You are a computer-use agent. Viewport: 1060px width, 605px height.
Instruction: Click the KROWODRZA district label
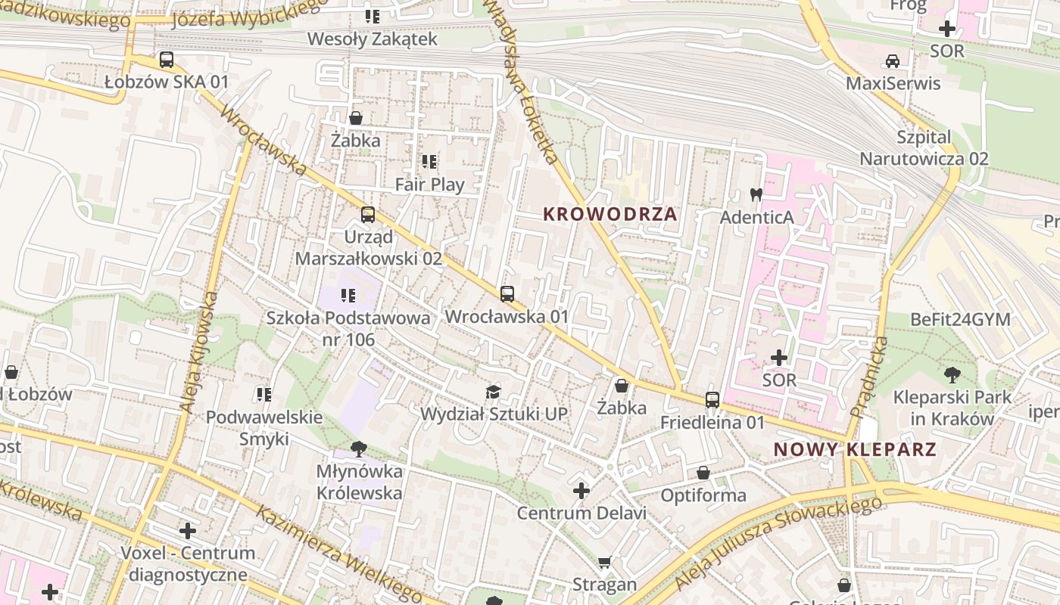pos(609,214)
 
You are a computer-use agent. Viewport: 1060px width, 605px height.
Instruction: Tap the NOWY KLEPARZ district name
pos(855,449)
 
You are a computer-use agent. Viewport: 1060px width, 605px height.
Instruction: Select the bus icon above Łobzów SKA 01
pos(167,60)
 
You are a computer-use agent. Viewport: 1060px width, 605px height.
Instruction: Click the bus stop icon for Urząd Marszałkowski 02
pos(368,215)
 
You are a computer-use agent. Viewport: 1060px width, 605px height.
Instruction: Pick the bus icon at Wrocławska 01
pos(507,294)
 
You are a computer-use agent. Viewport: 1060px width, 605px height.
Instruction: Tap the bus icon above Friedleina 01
pos(712,400)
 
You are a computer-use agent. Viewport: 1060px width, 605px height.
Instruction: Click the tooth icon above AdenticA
pos(756,194)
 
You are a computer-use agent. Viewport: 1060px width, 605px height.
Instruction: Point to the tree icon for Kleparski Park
pos(952,374)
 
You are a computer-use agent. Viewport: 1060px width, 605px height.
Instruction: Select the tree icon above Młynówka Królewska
pos(359,448)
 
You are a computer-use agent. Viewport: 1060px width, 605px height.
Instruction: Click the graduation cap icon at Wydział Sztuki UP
pos(494,391)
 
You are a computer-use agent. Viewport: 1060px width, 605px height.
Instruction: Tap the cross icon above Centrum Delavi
pos(581,491)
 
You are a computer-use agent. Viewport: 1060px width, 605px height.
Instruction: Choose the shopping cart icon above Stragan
pos(604,562)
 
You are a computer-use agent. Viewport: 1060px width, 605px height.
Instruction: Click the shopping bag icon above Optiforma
pos(703,473)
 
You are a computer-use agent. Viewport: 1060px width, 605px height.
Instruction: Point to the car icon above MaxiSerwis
pos(893,61)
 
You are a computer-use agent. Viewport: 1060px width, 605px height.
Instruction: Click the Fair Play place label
pos(429,184)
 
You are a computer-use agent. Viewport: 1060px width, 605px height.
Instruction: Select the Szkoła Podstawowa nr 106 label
pos(348,328)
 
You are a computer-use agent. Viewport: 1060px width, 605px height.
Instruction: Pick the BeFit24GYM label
pos(960,319)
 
